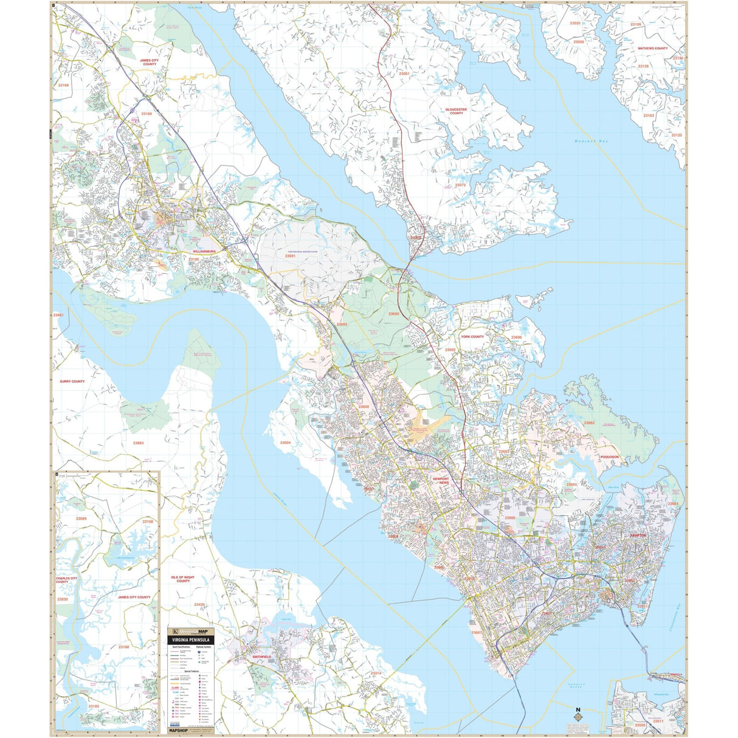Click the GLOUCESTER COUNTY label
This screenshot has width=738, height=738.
456,111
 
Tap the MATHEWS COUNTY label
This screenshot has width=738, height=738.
652,48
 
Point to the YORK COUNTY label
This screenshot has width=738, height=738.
472,336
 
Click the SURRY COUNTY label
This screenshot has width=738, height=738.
72,381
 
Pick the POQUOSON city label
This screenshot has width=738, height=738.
609,457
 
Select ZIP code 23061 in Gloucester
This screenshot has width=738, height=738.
404,74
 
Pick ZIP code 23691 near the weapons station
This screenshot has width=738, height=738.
290,256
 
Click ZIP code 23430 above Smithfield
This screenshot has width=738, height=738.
199,604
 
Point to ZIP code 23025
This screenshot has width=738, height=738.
574,23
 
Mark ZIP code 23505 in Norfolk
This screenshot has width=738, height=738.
640,725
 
